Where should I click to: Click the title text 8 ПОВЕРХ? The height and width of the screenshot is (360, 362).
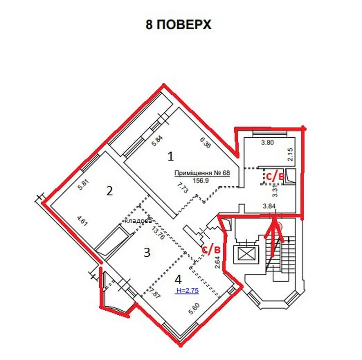[x=178, y=25]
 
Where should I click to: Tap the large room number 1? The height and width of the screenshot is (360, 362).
[x=170, y=156]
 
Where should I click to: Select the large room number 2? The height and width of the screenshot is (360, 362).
[x=109, y=191]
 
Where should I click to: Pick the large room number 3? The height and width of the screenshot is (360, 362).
[x=147, y=253]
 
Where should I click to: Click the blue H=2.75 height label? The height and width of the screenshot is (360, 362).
[x=188, y=291]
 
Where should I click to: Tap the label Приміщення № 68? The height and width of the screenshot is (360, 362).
[x=202, y=173]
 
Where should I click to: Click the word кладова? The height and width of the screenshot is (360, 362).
[x=138, y=221]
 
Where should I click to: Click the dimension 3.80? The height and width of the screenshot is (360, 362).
[x=267, y=143]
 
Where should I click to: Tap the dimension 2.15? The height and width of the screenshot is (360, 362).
[x=291, y=154]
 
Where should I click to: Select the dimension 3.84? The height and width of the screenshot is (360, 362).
[x=269, y=206]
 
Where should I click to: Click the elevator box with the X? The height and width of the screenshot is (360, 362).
[x=245, y=255]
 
